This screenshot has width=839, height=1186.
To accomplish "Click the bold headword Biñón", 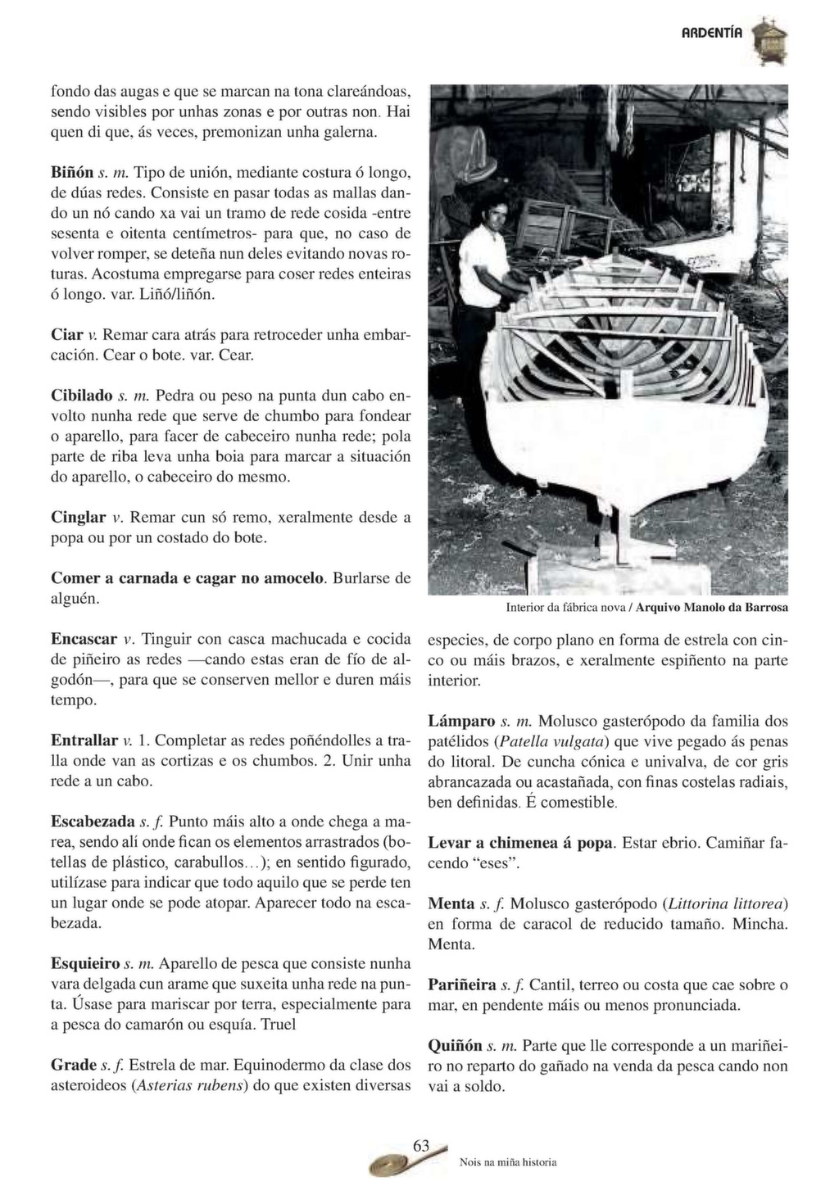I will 71,173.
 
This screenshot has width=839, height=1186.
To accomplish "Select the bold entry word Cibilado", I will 81,395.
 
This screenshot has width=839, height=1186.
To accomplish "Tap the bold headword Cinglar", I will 79,518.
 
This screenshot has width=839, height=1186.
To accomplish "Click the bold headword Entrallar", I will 84,740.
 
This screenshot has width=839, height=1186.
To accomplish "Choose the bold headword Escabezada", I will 93,822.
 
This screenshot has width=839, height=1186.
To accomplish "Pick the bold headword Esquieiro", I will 85,963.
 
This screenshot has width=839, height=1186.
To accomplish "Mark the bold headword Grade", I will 74,1065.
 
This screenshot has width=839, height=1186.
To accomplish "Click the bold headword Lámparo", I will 462,722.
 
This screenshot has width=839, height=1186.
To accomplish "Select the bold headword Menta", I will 451,904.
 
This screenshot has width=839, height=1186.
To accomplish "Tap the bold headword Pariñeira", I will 462,985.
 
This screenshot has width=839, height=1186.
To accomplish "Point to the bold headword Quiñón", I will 455,1046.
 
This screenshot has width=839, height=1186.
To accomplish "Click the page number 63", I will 421,1147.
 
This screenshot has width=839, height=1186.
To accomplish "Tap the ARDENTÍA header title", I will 712,33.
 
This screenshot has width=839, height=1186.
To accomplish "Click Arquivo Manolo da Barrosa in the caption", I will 712,608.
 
